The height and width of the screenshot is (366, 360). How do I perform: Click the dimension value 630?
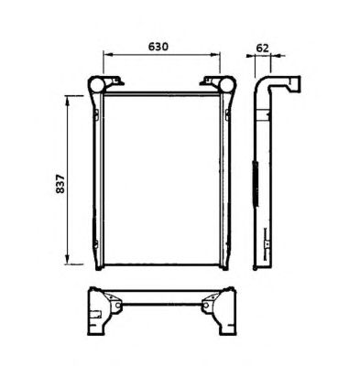[x=158, y=47]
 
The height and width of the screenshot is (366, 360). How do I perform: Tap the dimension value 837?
[x=60, y=184]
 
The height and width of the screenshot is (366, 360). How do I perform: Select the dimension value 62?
[x=262, y=48]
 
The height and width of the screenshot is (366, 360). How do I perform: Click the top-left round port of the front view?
[x=96, y=85]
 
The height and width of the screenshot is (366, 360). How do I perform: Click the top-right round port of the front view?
[x=227, y=84]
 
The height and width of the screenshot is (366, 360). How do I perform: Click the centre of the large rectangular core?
[x=162, y=180]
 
